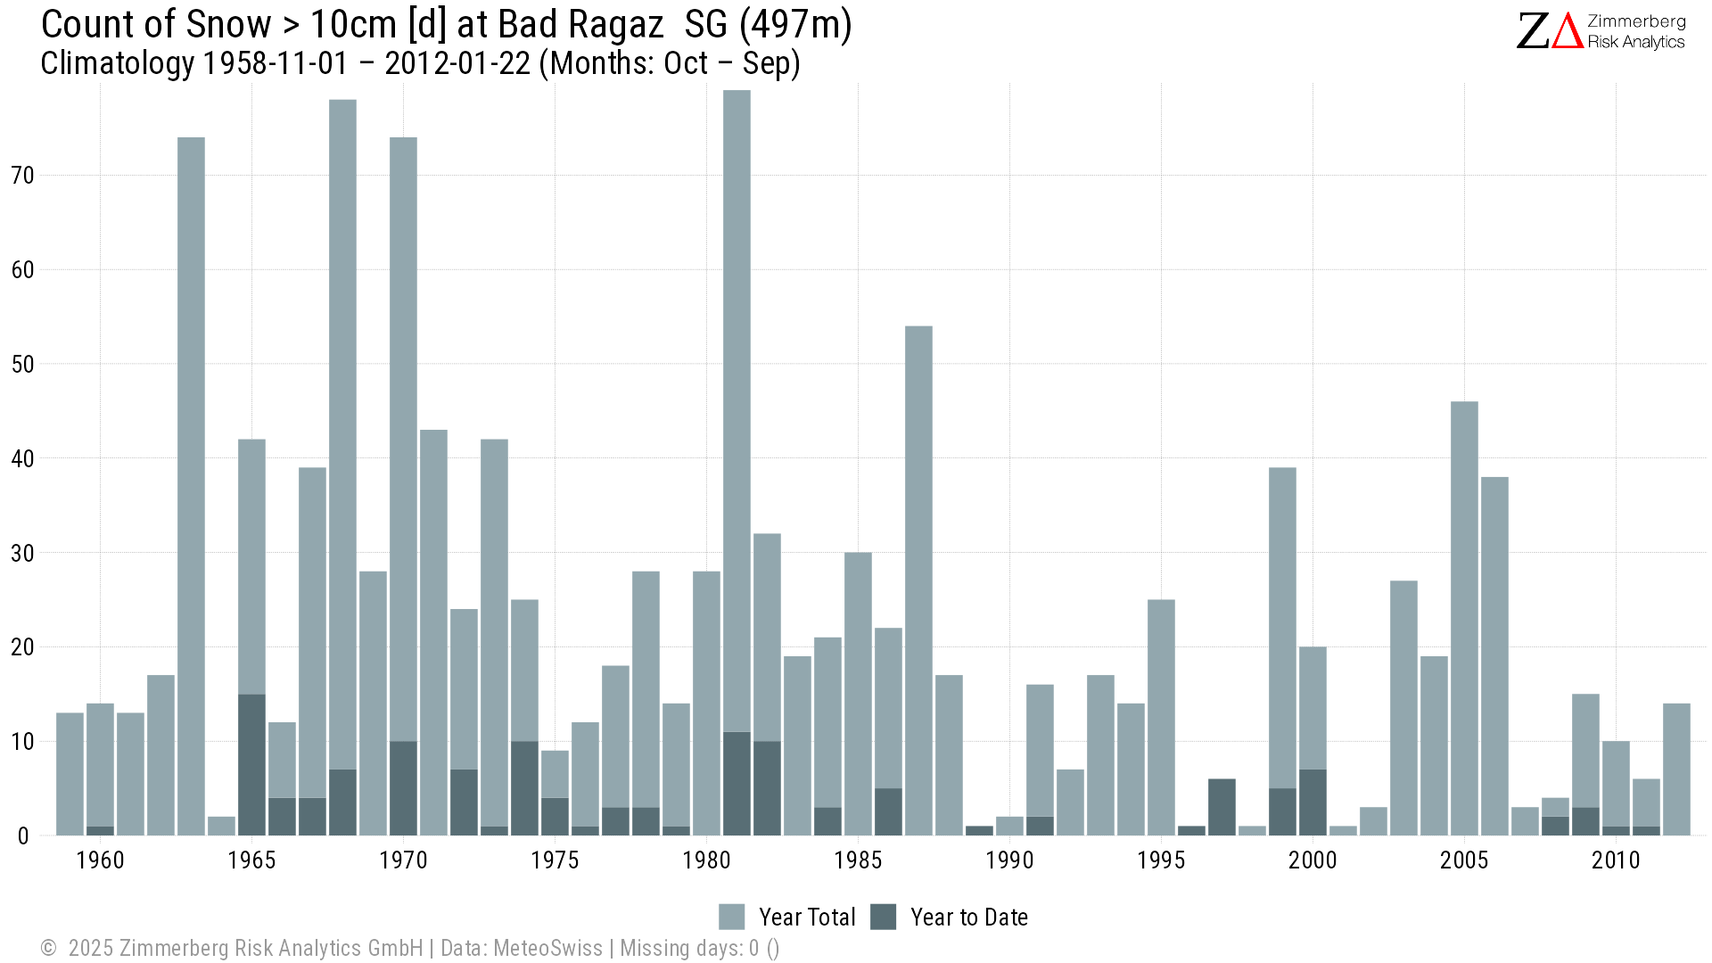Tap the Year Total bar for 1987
coord(918,580)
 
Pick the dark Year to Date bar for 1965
coord(251,765)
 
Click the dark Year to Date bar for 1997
coord(1222,807)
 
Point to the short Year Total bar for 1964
coord(221,827)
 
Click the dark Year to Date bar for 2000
coord(1313,802)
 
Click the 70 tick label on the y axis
coord(22,176)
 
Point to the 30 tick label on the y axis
coord(22,554)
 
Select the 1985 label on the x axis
coord(858,860)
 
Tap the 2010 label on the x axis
coord(1616,860)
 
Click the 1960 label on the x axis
coord(100,860)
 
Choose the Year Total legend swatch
coord(731,917)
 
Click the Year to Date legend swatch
coord(883,917)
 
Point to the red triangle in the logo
coord(1567,31)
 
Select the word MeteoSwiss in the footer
coord(547,948)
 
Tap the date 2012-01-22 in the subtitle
coord(457,63)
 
